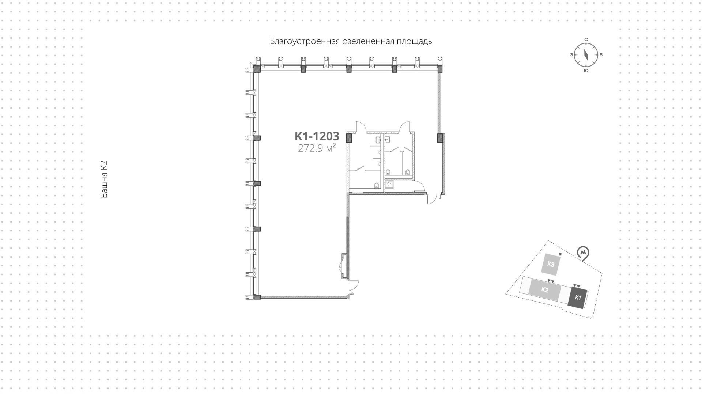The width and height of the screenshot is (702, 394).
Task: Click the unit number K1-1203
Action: [x=317, y=136]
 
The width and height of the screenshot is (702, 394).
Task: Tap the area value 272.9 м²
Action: [x=317, y=148]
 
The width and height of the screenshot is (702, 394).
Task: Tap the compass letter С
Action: [x=586, y=39]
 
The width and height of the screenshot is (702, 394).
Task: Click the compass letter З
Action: [x=571, y=55]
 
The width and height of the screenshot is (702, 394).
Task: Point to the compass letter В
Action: [x=601, y=55]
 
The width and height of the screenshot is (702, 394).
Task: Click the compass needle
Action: [x=586, y=55]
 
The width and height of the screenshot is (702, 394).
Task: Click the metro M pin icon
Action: [x=584, y=253]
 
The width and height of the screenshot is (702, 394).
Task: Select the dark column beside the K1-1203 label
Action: [x=349, y=138]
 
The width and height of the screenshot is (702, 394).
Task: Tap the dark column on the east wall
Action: [x=440, y=138]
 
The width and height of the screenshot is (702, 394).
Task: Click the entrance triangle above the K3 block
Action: [x=561, y=254]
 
